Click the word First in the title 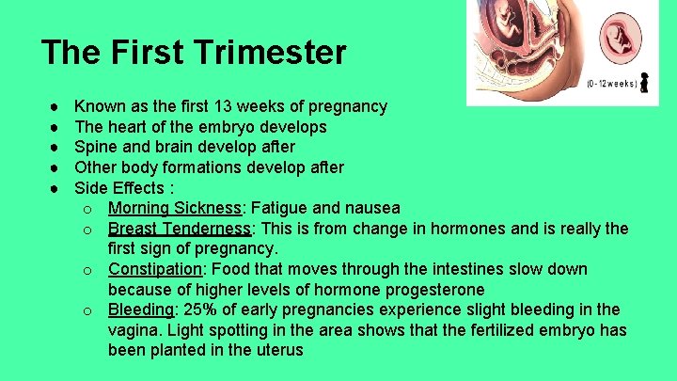[151, 53]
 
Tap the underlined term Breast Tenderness [180, 229]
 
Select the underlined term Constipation [154, 269]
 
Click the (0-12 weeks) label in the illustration [612, 84]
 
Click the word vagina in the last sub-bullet [132, 330]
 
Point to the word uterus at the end [277, 350]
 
